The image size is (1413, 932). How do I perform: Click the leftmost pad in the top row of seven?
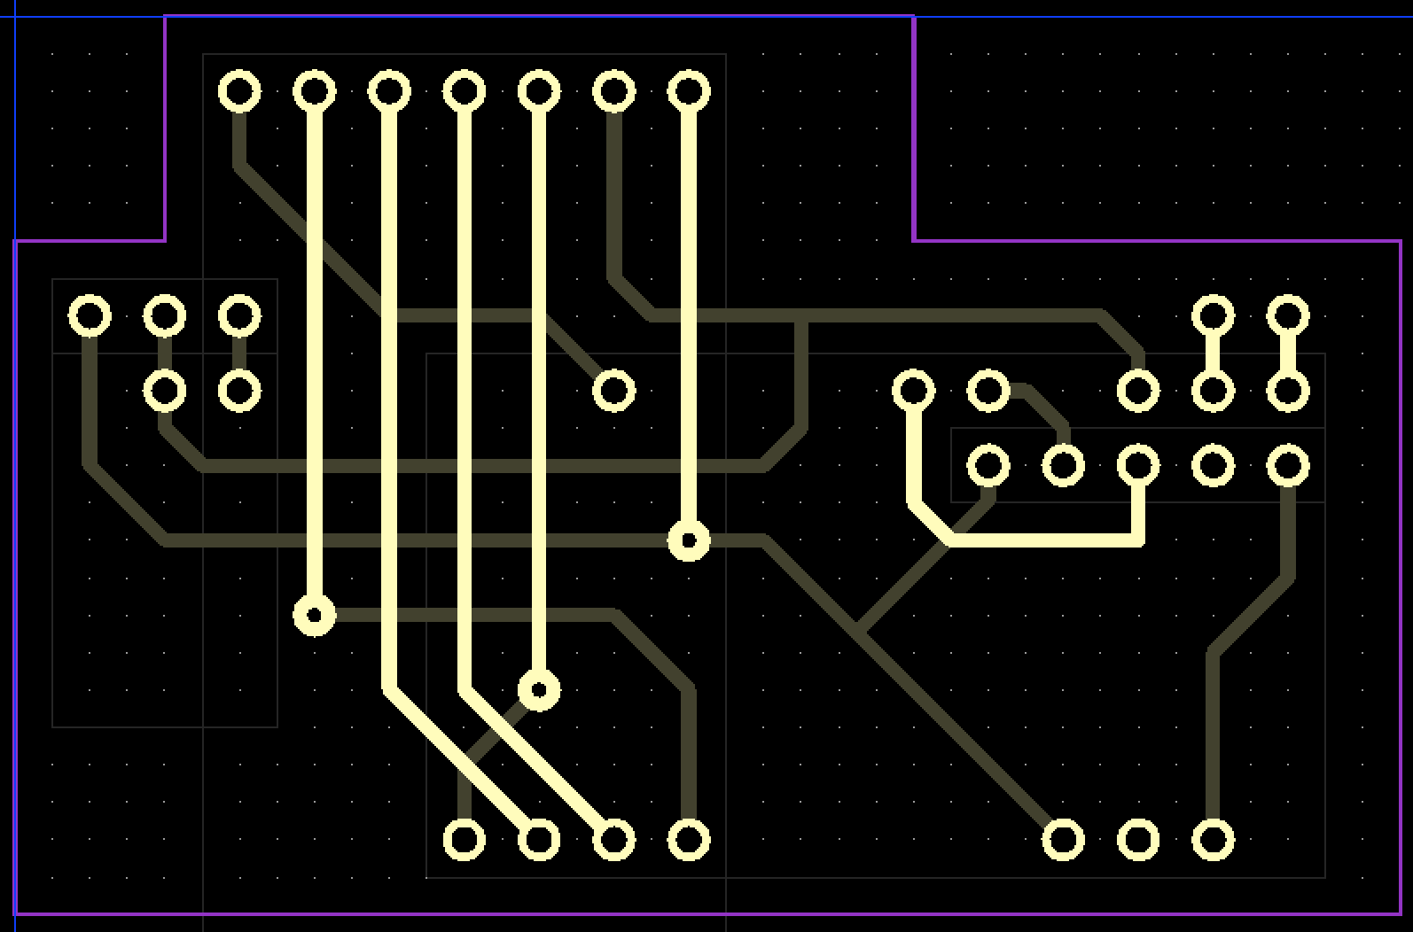point(239,91)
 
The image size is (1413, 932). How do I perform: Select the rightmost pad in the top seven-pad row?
point(689,91)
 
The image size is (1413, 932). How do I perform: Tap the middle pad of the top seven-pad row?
point(464,91)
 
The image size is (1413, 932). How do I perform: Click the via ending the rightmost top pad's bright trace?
point(689,540)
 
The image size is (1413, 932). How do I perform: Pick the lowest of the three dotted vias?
point(538,689)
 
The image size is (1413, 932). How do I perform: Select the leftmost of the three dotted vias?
point(314,615)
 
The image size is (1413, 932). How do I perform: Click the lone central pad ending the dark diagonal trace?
point(613,391)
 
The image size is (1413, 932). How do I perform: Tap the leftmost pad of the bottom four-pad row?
point(464,840)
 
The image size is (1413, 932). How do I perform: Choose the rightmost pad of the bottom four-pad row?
point(689,840)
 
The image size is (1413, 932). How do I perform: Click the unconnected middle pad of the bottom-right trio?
point(1138,840)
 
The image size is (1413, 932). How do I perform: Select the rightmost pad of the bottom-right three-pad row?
point(1213,840)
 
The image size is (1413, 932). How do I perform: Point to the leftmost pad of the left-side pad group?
point(90,315)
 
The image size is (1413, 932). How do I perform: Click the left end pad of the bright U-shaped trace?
point(913,391)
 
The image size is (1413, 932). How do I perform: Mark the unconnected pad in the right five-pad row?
point(1213,465)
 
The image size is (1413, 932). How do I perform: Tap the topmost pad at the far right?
point(1288,315)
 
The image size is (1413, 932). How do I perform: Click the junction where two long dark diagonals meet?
point(858,633)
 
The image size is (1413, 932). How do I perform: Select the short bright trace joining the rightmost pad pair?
point(1288,353)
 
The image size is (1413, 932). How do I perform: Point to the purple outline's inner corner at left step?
point(165,240)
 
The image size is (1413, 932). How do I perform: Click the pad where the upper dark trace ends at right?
point(1138,391)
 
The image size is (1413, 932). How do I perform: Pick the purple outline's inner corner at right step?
point(914,240)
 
